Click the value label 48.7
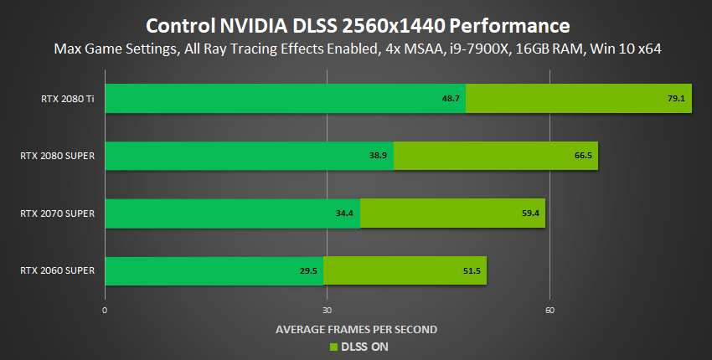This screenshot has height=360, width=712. [x=452, y=99]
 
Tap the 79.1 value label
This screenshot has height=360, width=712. [x=677, y=99]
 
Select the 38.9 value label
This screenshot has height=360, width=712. [x=379, y=156]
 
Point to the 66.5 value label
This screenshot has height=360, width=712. [x=583, y=156]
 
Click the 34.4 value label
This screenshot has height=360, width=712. [x=345, y=213]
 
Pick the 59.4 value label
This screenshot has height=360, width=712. [x=530, y=213]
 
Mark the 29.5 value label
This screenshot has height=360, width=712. [x=310, y=270]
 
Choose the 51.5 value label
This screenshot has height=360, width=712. [x=472, y=270]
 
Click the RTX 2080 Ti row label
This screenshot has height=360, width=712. [x=67, y=99]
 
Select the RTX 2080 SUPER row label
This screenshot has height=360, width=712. [x=58, y=156]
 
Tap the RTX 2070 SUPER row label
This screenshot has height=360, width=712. [x=58, y=213]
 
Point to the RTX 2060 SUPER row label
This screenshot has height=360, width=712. [x=58, y=270]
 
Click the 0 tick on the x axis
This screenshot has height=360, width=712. [x=105, y=311]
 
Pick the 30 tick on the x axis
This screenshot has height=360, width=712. [x=327, y=311]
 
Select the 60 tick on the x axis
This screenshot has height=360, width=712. [x=549, y=311]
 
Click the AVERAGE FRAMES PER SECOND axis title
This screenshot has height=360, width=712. [x=356, y=329]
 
